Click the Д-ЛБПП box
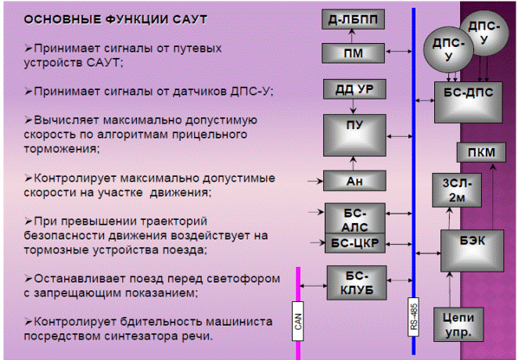click(353, 19)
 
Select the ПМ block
click(353, 53)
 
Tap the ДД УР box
click(354, 89)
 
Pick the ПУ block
click(354, 135)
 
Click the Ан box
click(354, 181)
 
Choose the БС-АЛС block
click(355, 218)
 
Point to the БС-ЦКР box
click(355, 243)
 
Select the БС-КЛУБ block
click(357, 283)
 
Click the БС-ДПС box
click(468, 103)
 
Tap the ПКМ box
click(481, 153)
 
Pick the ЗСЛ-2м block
click(457, 190)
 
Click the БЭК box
click(472, 250)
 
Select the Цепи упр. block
click(458, 325)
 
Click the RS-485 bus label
click(413, 317)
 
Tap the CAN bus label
click(297, 321)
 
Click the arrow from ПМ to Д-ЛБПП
click(351, 36)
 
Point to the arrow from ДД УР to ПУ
click(353, 106)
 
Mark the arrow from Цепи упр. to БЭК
click(450, 290)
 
